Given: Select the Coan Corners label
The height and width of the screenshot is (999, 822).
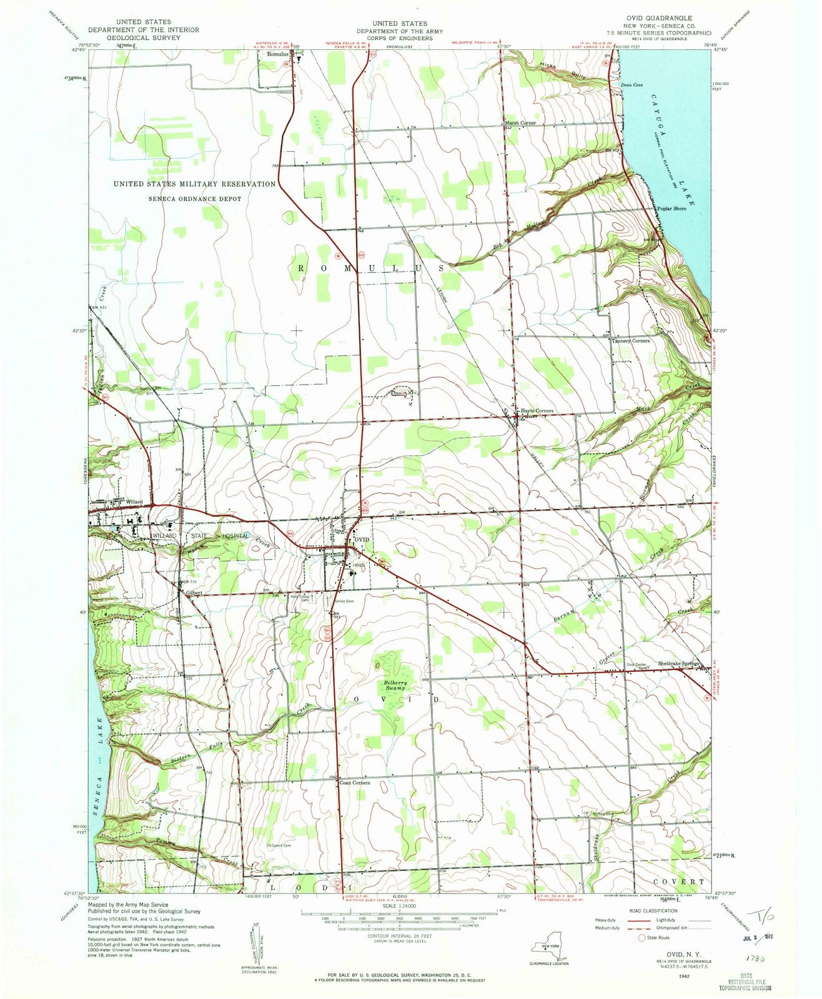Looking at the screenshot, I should (355, 782).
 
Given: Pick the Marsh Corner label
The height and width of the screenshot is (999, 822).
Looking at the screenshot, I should (520, 123).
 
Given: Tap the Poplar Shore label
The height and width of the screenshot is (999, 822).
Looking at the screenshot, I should (671, 209).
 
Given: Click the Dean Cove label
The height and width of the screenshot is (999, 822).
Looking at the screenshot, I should (631, 85).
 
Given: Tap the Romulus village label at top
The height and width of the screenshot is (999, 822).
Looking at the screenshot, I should (275, 54).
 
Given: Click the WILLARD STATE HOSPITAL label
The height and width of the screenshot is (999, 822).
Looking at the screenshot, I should (200, 536).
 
